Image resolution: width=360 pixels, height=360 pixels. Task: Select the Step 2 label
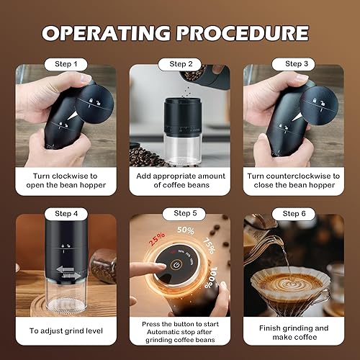180,64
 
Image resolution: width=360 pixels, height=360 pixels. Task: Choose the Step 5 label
180,214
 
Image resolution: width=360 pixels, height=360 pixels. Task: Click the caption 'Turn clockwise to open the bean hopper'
66,180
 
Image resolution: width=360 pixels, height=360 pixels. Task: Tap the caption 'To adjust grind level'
66,331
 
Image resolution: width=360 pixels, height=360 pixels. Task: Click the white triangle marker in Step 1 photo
77,114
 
